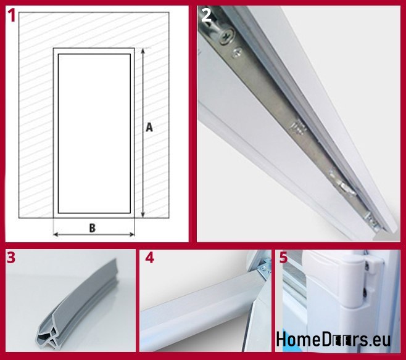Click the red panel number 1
[x=12, y=15]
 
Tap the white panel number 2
[x=206, y=15]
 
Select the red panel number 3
[x=11, y=258]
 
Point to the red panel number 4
[x=150, y=258]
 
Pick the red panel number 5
[x=284, y=258]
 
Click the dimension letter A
[x=149, y=128]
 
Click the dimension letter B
[x=92, y=228]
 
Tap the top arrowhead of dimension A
[x=143, y=51]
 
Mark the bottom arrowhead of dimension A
[x=143, y=215]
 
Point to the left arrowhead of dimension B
[x=56, y=235]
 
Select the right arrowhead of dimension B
[x=132, y=235]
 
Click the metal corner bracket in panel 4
[x=263, y=268]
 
